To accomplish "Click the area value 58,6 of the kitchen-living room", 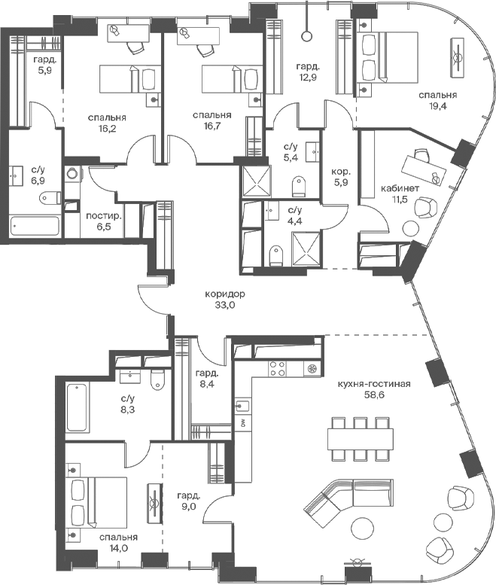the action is pyautogui.click(x=374, y=395).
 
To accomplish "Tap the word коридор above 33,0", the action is pyautogui.click(x=225, y=294).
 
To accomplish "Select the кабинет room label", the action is pyautogui.click(x=400, y=188).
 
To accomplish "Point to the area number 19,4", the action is pyautogui.click(x=438, y=106).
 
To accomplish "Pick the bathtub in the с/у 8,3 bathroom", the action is pyautogui.click(x=78, y=407).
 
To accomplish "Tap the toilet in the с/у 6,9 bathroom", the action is pyautogui.click(x=50, y=197).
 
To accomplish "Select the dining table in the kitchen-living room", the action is pyautogui.click(x=361, y=439).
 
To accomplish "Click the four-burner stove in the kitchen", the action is pyautogui.click(x=278, y=368).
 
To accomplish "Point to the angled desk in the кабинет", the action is pyautogui.click(x=423, y=169).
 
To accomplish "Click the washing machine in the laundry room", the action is pyautogui.click(x=72, y=173).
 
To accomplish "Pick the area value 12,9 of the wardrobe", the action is pyautogui.click(x=308, y=78).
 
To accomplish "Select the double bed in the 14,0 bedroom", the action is pyautogui.click(x=96, y=502).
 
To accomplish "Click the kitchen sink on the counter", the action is pyautogui.click(x=243, y=406).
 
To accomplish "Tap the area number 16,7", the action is pyautogui.click(x=212, y=126).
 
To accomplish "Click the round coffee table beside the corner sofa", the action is pyautogui.click(x=362, y=529).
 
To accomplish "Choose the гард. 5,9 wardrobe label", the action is pyautogui.click(x=44, y=65).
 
